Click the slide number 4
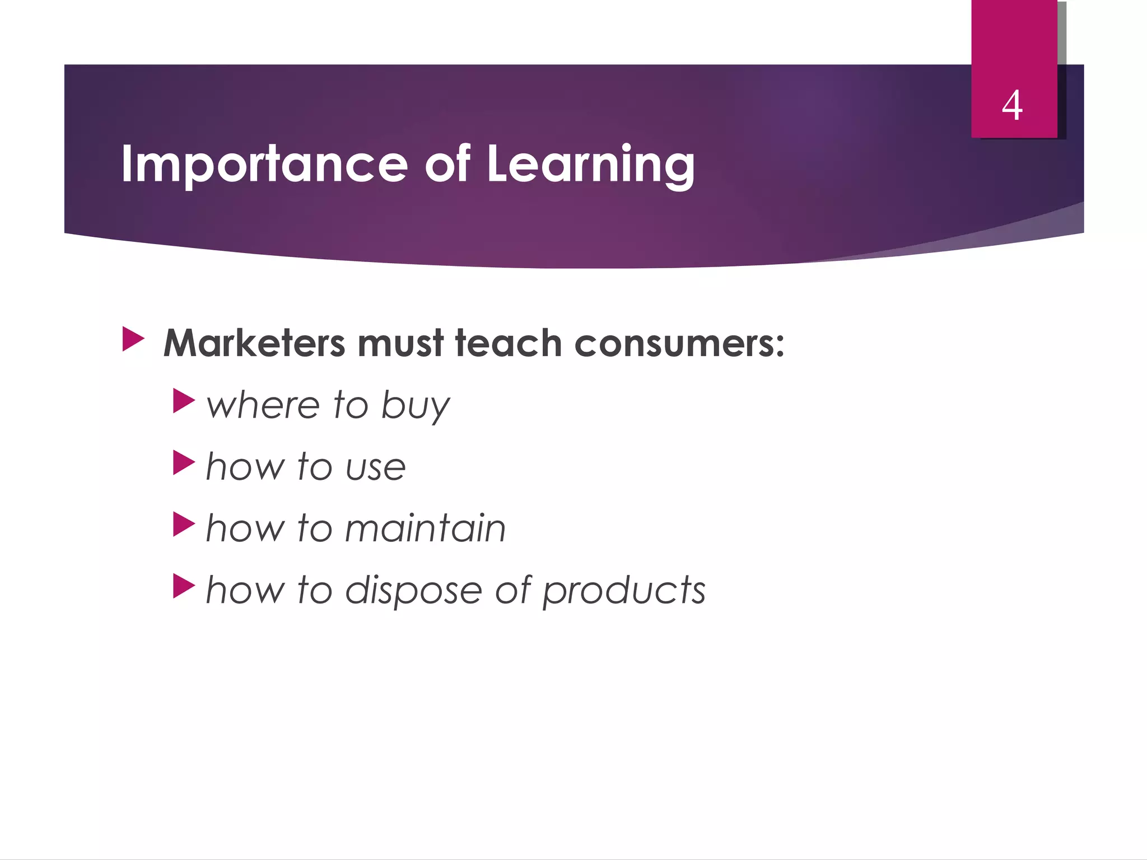click(x=1012, y=106)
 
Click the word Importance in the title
click(x=264, y=164)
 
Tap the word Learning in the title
click(x=590, y=164)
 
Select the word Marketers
click(x=254, y=343)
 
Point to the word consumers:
click(x=679, y=343)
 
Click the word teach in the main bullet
click(x=508, y=343)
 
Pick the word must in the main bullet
click(x=400, y=343)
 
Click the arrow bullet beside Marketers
click(x=133, y=339)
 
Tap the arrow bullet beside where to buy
click(x=184, y=401)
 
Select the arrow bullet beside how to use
click(x=184, y=462)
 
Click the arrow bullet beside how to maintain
click(x=184, y=524)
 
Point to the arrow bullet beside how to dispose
click(x=184, y=586)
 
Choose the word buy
click(x=415, y=406)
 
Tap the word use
click(x=376, y=468)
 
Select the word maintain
click(x=425, y=528)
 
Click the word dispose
click(x=413, y=591)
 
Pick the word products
click(x=624, y=591)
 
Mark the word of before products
click(x=512, y=590)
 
